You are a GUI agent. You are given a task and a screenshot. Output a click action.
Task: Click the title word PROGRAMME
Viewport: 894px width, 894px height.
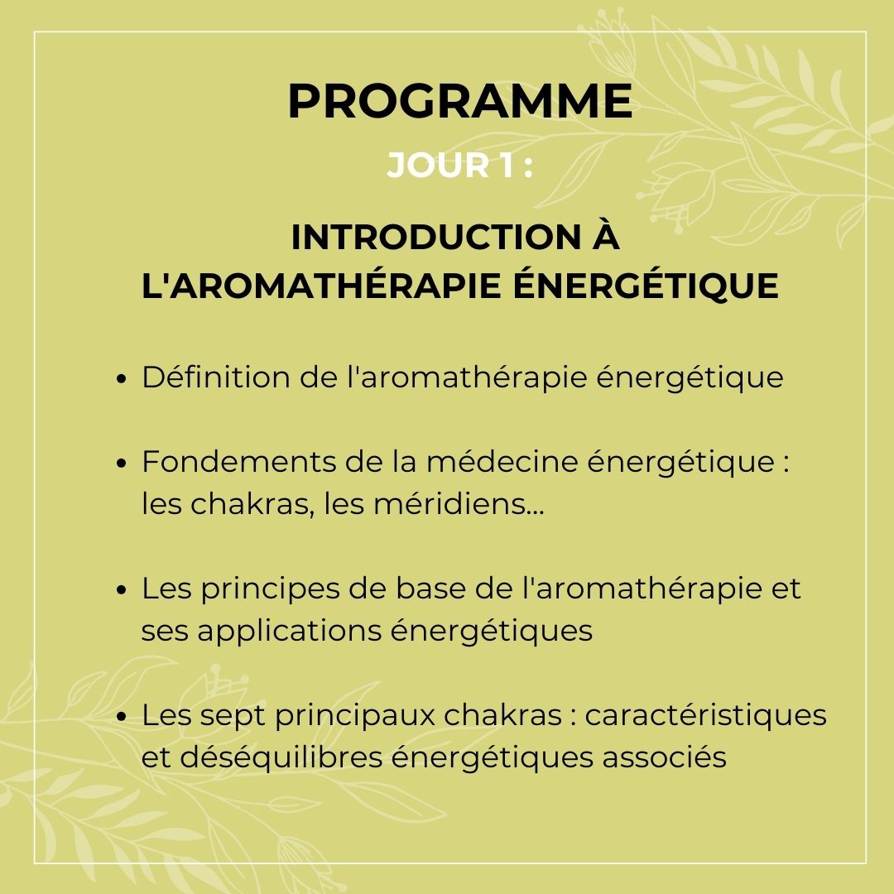point(460,101)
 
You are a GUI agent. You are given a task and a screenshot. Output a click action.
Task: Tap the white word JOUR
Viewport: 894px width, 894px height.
point(438,166)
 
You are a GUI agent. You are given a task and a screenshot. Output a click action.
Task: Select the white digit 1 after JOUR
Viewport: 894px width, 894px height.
point(507,166)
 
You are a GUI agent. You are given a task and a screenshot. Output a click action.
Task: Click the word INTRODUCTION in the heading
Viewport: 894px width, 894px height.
point(436,238)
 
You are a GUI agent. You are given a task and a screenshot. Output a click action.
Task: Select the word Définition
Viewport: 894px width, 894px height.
point(215,377)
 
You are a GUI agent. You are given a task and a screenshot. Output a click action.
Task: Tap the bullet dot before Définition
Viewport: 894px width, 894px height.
point(120,379)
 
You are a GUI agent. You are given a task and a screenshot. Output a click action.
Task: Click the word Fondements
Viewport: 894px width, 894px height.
point(238,461)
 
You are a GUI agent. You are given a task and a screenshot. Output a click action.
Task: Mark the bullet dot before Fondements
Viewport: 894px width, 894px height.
point(120,463)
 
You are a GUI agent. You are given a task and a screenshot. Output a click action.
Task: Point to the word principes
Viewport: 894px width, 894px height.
point(270,589)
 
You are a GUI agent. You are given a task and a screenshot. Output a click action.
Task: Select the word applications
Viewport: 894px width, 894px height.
point(289,632)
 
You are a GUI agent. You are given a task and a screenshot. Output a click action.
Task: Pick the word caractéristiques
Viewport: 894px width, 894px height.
point(705,715)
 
